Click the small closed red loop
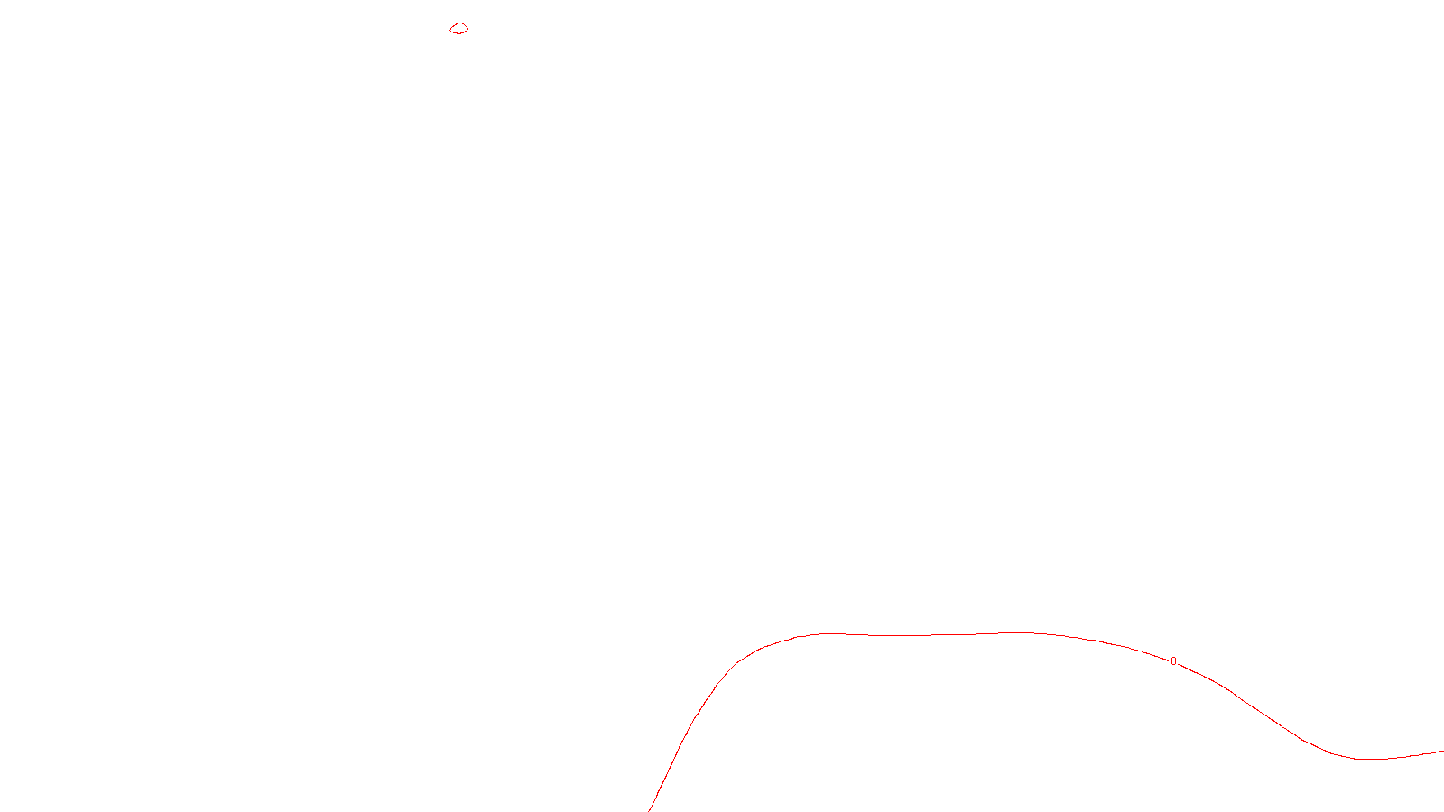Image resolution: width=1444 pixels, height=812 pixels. click(459, 29)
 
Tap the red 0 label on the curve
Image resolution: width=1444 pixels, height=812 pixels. click(1173, 661)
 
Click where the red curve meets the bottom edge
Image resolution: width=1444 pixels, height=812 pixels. click(650, 810)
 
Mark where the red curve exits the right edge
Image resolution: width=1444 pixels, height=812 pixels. click(1442, 751)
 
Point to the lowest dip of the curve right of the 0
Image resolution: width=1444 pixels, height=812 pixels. click(1370, 759)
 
